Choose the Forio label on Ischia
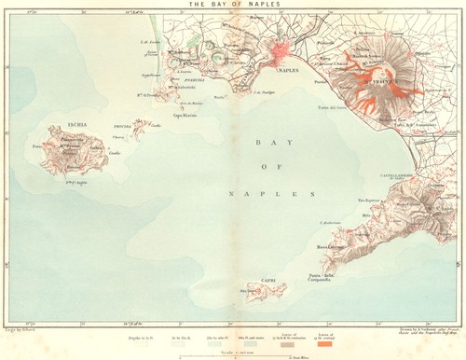38,145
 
